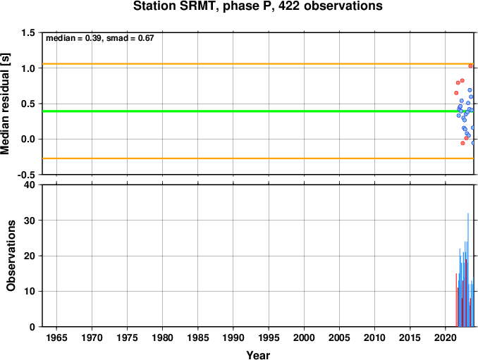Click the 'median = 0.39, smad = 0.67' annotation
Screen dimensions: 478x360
click(100, 38)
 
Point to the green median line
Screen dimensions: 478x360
click(258, 111)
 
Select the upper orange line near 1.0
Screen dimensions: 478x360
click(258, 63)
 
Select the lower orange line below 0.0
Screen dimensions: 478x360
click(258, 159)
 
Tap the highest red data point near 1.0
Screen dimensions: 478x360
click(470, 66)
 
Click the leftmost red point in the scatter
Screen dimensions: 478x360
click(456, 93)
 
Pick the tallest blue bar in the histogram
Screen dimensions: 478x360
click(468, 270)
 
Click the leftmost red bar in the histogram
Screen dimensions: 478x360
click(456, 300)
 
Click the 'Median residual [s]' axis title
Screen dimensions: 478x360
click(5, 104)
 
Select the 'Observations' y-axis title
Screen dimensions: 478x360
click(11, 256)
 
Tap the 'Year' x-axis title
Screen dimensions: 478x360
click(258, 355)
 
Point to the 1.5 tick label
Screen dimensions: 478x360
click(28, 32)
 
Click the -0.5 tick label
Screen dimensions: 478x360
click(26, 175)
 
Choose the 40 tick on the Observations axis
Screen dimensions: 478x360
click(30, 185)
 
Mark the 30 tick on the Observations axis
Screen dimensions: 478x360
click(30, 221)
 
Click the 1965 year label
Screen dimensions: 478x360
click(56, 337)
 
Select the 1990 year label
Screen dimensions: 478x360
click(233, 337)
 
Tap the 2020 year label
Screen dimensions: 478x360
click(446, 337)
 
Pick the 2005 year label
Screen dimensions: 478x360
click(339, 337)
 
